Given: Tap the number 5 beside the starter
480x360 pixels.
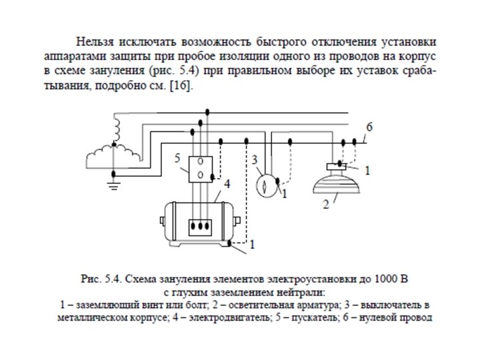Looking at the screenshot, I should click(177, 159).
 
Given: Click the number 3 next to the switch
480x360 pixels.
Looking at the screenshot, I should click(255, 160).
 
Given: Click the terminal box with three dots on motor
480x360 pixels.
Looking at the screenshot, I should click(200, 225).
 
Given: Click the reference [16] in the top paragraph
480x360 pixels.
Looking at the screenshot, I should click(180, 87).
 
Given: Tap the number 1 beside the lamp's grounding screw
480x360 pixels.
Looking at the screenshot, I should click(366, 171).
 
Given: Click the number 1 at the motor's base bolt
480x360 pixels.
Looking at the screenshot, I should click(251, 245).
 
